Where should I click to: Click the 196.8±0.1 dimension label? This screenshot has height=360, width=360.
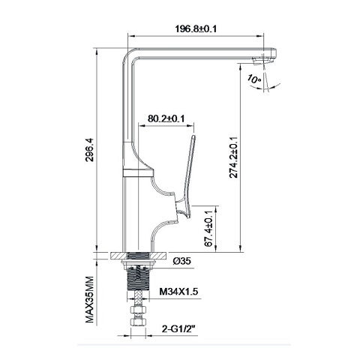[x=196, y=29]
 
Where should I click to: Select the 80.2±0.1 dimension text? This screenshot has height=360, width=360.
[x=166, y=118]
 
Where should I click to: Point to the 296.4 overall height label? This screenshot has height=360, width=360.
[x=89, y=154]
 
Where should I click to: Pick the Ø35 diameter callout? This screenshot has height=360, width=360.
[x=183, y=262]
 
